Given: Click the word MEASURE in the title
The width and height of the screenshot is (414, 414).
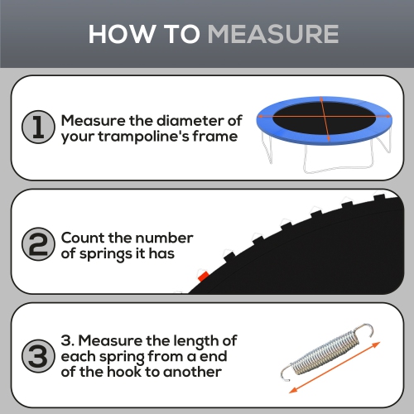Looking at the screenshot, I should tap(272, 34).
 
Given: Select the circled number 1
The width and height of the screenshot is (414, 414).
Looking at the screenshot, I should tap(36, 128).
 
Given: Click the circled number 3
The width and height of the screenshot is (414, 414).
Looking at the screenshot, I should tap(36, 357).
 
